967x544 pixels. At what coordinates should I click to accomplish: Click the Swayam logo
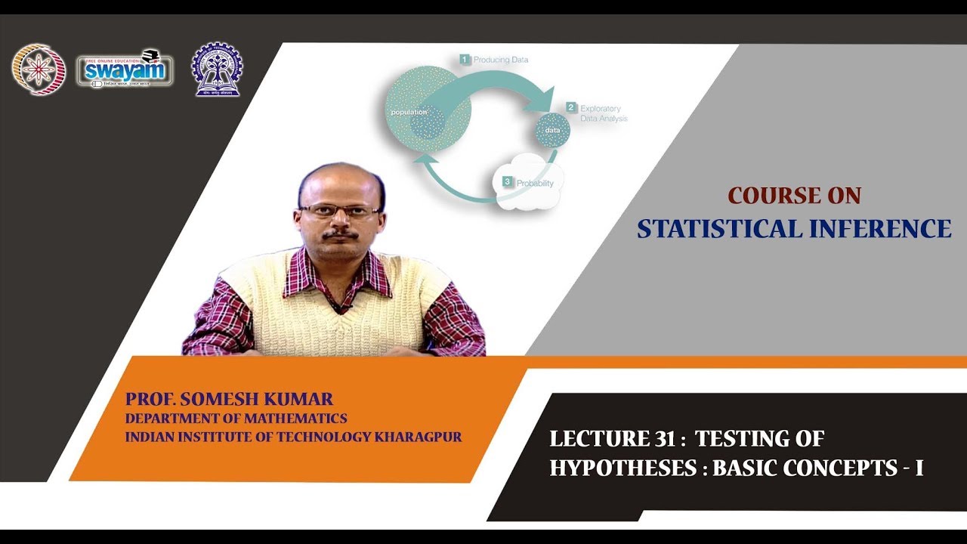tap(125, 70)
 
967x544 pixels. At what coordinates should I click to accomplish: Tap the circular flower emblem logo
tap(39, 70)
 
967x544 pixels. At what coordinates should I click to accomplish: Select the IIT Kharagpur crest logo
tap(217, 69)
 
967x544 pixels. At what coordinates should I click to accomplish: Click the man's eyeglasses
tap(339, 211)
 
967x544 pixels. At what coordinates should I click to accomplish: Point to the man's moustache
tap(341, 235)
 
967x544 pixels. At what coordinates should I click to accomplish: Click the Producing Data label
tap(499, 59)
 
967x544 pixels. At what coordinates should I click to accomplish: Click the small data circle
tap(552, 131)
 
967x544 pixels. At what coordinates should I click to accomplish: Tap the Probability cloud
tap(528, 184)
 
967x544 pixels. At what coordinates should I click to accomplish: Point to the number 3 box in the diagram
tap(508, 182)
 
